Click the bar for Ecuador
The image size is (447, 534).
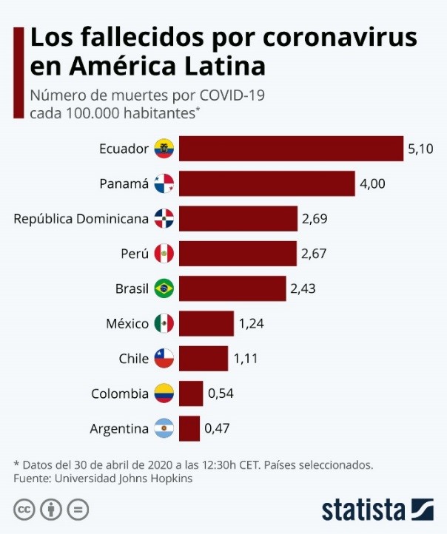[291, 149]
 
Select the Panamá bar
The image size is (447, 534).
[267, 183]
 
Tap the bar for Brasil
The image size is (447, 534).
[232, 288]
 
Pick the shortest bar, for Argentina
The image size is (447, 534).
[189, 428]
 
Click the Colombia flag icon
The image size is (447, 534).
[164, 393]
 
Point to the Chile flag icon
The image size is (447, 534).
[164, 359]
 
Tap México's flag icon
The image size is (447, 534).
[164, 323]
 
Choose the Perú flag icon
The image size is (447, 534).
[164, 254]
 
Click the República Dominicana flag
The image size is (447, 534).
[164, 218]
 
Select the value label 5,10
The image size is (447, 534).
[420, 149]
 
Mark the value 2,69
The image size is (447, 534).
[314, 218]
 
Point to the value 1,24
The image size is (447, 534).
[251, 323]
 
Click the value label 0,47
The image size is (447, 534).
[217, 428]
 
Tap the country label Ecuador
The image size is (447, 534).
[124, 149]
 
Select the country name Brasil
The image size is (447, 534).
[132, 288]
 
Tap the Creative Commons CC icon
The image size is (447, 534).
[24, 510]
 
